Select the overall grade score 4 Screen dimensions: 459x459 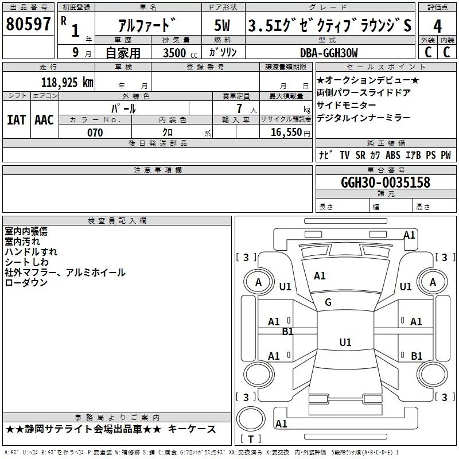pyautogui.click(x=438, y=26)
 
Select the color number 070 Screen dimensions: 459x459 pyautogui.click(x=95, y=133)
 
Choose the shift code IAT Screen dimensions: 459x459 pyautogui.click(x=16, y=119)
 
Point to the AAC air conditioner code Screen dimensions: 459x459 pyautogui.click(x=44, y=119)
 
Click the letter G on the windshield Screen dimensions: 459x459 pyautogui.click(x=328, y=302)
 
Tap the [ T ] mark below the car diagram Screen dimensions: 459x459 pyautogui.click(x=250, y=439)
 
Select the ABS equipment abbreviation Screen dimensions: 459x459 pyautogui.click(x=393, y=155)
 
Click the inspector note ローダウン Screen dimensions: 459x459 pyautogui.click(x=26, y=283)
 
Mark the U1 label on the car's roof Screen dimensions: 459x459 pyautogui.click(x=345, y=343)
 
